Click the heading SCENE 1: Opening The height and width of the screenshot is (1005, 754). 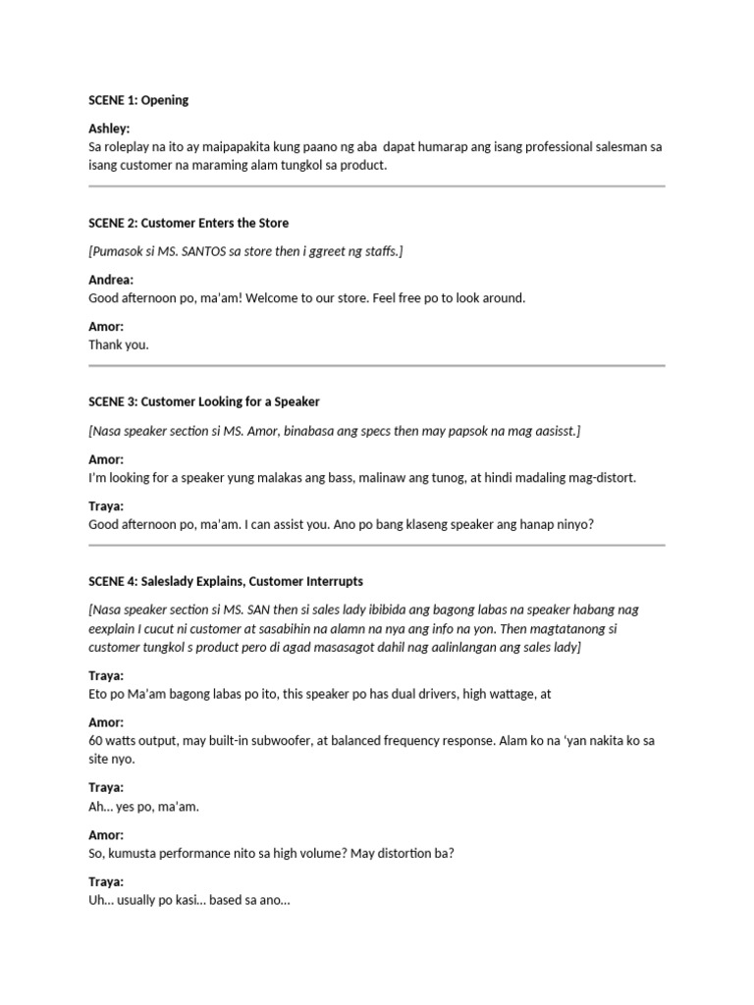138,100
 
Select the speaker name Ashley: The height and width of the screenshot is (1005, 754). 109,129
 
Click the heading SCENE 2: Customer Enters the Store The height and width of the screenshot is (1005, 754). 188,223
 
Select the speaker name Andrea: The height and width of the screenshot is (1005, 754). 111,280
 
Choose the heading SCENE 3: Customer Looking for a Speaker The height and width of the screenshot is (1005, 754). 204,401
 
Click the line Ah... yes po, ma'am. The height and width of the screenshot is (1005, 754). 143,807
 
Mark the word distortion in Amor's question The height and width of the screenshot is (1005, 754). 400,854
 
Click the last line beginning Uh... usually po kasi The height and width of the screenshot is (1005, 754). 189,901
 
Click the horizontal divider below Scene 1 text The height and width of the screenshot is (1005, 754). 377,185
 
